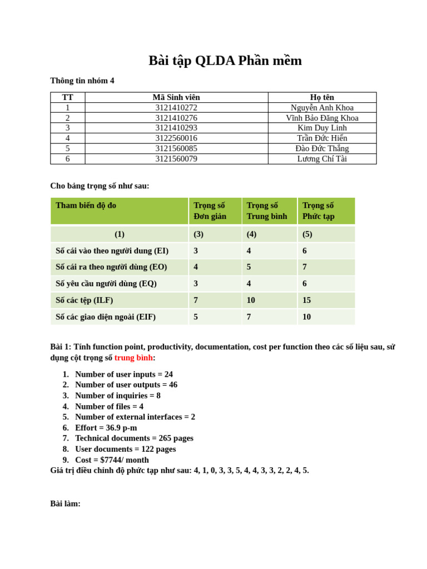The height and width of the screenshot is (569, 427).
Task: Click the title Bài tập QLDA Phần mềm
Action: [x=225, y=61]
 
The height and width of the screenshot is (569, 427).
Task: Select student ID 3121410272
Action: [x=176, y=108]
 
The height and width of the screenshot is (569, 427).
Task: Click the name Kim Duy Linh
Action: [x=322, y=128]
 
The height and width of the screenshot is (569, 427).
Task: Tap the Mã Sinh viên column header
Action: [x=176, y=97]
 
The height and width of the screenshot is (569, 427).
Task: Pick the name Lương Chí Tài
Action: [x=322, y=159]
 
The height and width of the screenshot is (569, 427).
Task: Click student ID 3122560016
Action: [x=176, y=138]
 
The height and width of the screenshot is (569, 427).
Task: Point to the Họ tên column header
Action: [x=322, y=97]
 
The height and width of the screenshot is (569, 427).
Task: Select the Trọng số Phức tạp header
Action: [x=319, y=211]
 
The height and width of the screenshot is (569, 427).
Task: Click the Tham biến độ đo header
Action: [x=86, y=205]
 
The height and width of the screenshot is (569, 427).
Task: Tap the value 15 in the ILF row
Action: [x=307, y=300]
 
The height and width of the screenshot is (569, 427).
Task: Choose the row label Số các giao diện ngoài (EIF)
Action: [x=106, y=317]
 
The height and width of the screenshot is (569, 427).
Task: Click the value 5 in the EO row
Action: [x=249, y=267]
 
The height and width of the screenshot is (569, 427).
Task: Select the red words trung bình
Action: [x=133, y=357]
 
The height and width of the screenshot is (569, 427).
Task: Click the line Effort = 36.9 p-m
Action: [x=106, y=427]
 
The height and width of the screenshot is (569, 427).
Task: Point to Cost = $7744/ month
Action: [x=112, y=460]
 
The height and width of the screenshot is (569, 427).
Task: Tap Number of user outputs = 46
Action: [x=126, y=385]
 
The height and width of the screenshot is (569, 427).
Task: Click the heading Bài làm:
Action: [x=65, y=503]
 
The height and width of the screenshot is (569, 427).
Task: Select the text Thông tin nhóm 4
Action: [x=82, y=81]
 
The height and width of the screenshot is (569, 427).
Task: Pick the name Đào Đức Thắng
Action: [x=322, y=148]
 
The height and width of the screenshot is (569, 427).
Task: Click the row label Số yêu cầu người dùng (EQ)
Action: [x=106, y=283]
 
